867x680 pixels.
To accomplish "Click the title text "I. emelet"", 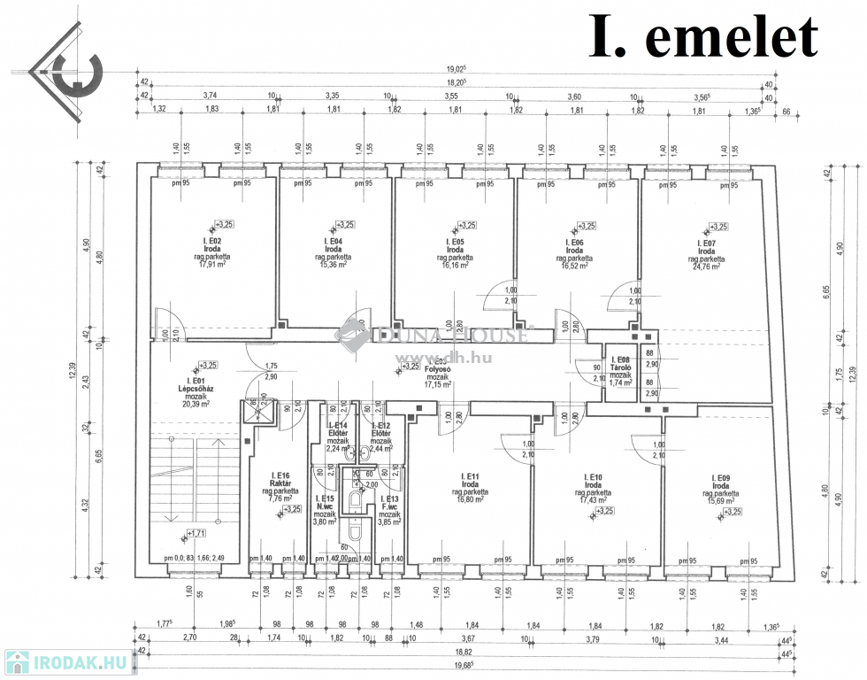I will pos(704,38).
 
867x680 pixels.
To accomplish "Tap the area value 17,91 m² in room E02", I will pos(212,263).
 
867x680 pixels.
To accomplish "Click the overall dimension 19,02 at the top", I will pos(456,68).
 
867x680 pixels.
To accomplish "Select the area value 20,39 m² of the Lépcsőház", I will pos(195,404).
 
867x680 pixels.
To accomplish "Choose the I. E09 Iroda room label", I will pos(725,484).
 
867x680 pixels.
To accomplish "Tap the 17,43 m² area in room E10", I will pos(595,500).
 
